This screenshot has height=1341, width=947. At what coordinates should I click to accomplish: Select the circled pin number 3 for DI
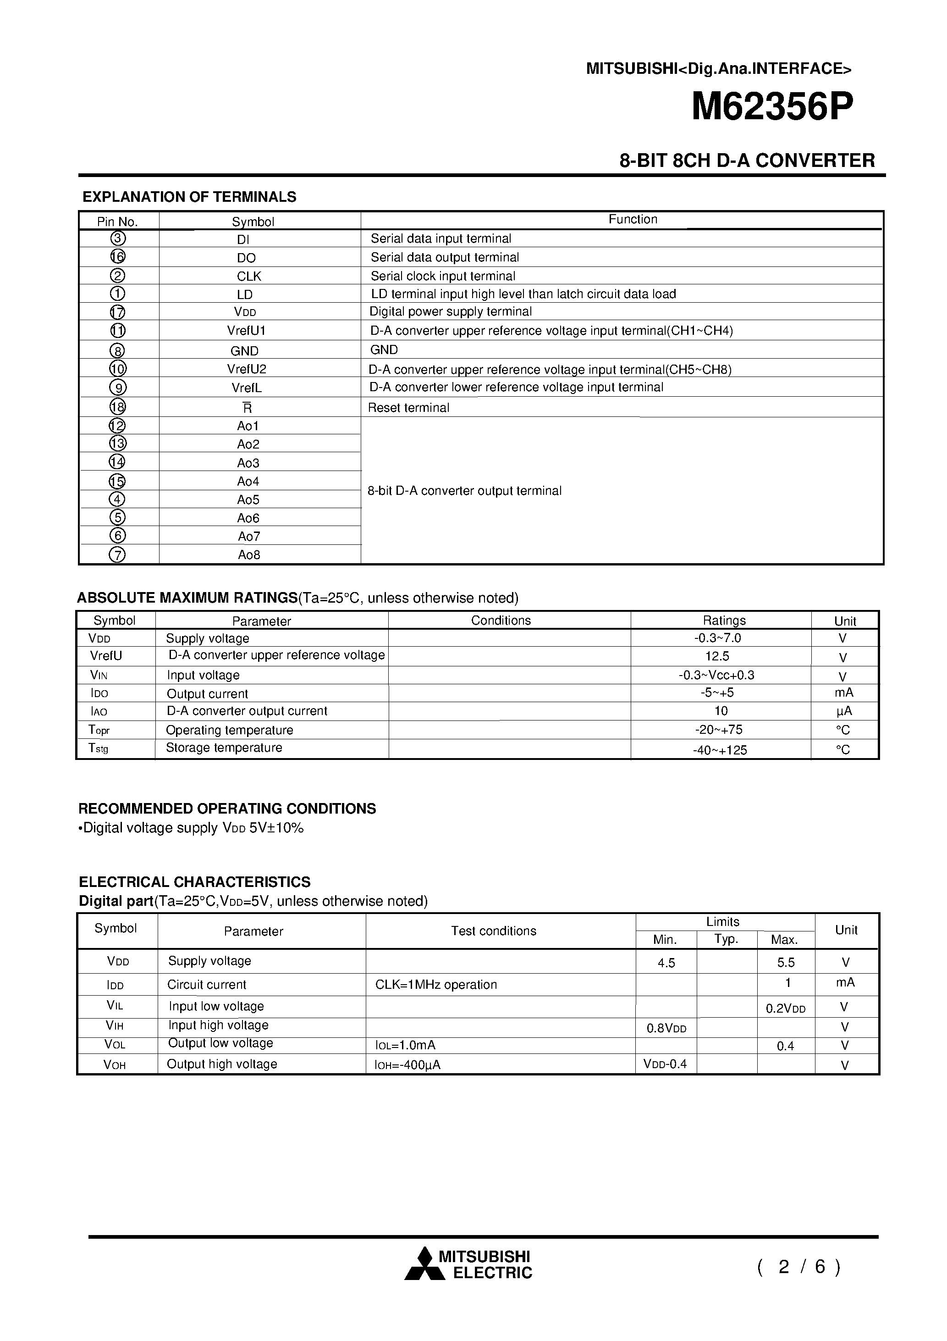point(117,238)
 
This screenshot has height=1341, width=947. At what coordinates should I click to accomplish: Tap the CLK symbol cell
point(249,276)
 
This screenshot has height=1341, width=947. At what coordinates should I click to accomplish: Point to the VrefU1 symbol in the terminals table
point(247,331)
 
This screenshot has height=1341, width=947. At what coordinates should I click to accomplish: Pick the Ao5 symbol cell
point(248,500)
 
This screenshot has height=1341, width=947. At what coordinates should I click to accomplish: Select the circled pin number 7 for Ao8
point(117,554)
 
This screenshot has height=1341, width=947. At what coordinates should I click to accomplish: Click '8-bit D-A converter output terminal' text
point(464,491)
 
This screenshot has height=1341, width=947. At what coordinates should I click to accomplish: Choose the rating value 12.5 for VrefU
point(717,656)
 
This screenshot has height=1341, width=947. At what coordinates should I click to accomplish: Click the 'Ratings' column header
point(724,620)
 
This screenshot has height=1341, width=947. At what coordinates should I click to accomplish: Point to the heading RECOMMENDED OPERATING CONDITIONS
point(227,809)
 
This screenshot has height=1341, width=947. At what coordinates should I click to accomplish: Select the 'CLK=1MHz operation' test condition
point(435,985)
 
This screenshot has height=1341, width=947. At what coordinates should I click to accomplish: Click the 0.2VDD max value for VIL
point(785,1009)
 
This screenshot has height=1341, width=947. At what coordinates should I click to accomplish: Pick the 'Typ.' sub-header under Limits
point(727,939)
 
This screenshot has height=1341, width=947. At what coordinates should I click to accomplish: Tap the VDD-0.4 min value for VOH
point(665,1064)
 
